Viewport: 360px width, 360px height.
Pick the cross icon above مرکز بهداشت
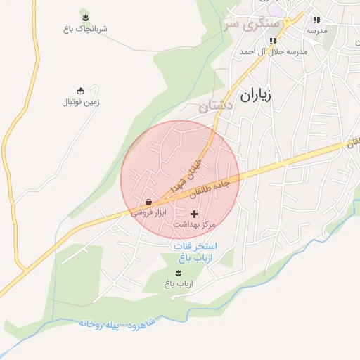pyautogui.click(x=195, y=213)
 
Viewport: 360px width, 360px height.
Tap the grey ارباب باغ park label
pyautogui.click(x=179, y=283)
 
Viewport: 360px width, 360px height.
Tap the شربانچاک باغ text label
pyautogui.click(x=85, y=29)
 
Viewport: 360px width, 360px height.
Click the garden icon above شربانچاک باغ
pyautogui.click(x=85, y=18)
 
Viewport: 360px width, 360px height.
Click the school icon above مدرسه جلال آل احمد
pyautogui.click(x=273, y=41)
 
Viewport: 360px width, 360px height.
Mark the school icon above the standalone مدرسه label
pyautogui.click(x=316, y=20)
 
